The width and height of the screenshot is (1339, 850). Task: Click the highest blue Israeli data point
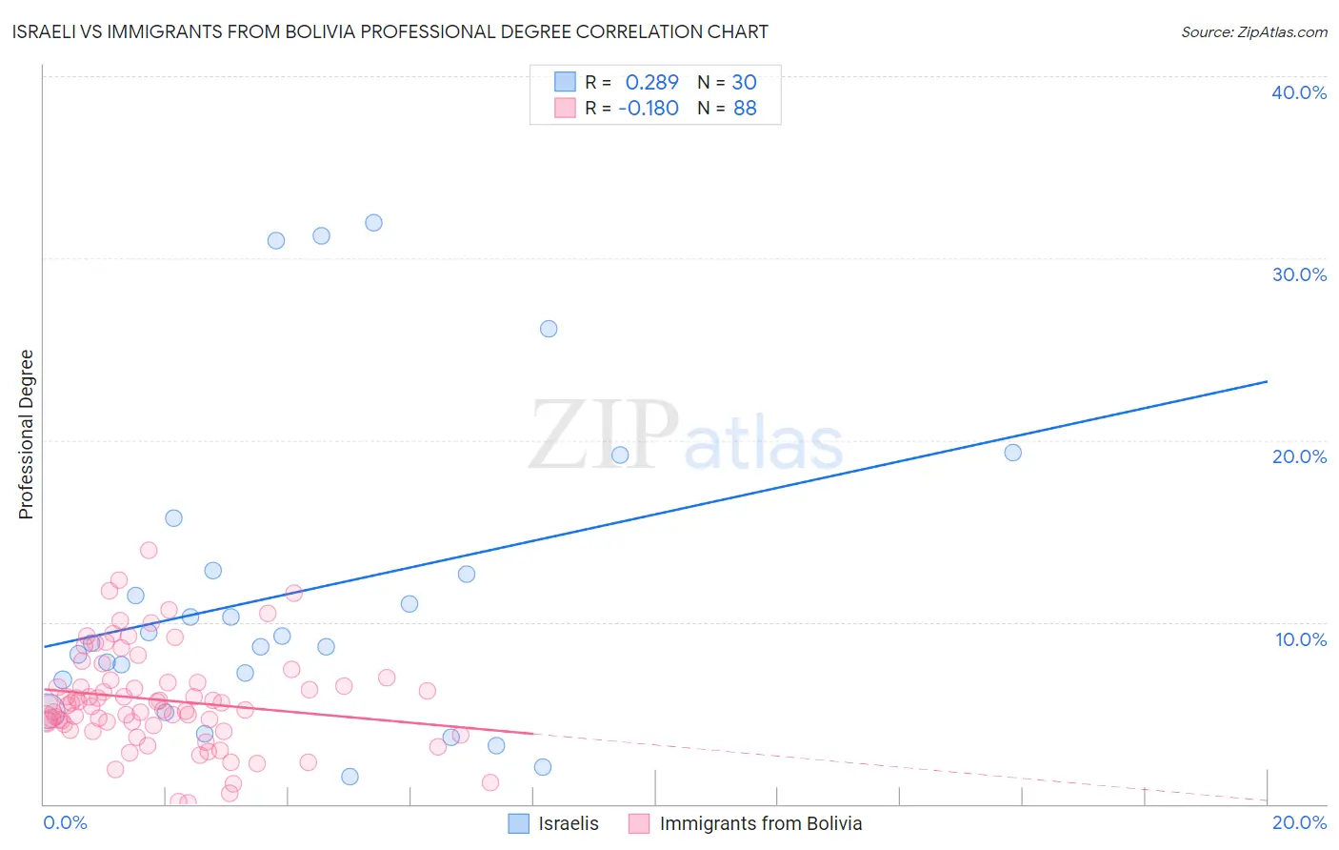pyautogui.click(x=373, y=223)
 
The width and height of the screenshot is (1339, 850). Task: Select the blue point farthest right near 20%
pyautogui.click(x=1012, y=453)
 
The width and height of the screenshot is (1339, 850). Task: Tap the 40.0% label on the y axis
pyautogui.click(x=1298, y=92)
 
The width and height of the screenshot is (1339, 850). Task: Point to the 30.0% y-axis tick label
pyautogui.click(x=1298, y=274)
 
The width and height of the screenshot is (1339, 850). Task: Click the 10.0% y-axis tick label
pyautogui.click(x=1300, y=639)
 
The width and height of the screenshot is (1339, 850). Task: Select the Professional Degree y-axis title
pyautogui.click(x=26, y=435)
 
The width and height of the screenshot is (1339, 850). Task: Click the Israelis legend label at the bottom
pyautogui.click(x=569, y=824)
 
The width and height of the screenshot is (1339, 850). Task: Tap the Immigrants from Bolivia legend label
pyautogui.click(x=760, y=824)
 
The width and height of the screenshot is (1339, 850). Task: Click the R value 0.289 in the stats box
pyautogui.click(x=651, y=83)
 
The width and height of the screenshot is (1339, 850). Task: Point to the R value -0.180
pyautogui.click(x=648, y=109)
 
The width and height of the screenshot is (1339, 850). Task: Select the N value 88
pyautogui.click(x=745, y=109)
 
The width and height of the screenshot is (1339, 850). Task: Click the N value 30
pyautogui.click(x=744, y=83)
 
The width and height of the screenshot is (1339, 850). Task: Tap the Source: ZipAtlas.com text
pyautogui.click(x=1253, y=32)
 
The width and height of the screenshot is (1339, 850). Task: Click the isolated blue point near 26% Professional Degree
pyautogui.click(x=549, y=329)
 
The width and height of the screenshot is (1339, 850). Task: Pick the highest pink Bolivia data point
pyautogui.click(x=149, y=550)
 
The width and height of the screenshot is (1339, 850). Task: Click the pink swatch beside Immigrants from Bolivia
pyautogui.click(x=639, y=824)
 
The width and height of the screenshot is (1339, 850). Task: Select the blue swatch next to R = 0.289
pyautogui.click(x=565, y=82)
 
